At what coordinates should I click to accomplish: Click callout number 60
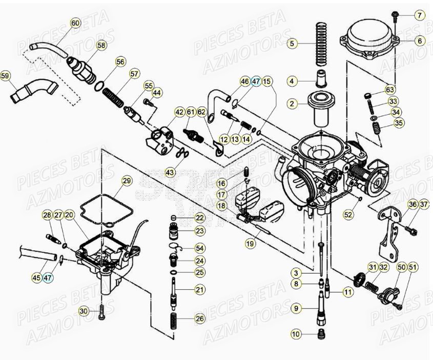(x=75, y=23)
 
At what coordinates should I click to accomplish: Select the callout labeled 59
(x=5, y=77)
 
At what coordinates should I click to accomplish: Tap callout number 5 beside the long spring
(x=292, y=44)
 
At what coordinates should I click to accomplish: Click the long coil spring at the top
(x=321, y=44)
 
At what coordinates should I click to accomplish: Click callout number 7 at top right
(x=420, y=15)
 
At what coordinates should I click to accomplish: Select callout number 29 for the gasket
(x=127, y=181)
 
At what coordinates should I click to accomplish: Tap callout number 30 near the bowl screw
(x=84, y=311)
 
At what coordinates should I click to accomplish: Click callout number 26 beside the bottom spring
(x=199, y=319)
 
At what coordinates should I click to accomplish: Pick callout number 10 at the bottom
(x=295, y=334)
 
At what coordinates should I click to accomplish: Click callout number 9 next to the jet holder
(x=295, y=308)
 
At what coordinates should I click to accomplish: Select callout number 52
(x=348, y=215)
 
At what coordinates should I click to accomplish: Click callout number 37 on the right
(x=424, y=205)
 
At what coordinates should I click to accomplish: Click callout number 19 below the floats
(x=250, y=244)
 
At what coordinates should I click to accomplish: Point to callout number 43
(x=170, y=173)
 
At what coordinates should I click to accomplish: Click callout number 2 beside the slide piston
(x=292, y=104)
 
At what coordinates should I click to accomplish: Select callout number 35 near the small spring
(x=399, y=123)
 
